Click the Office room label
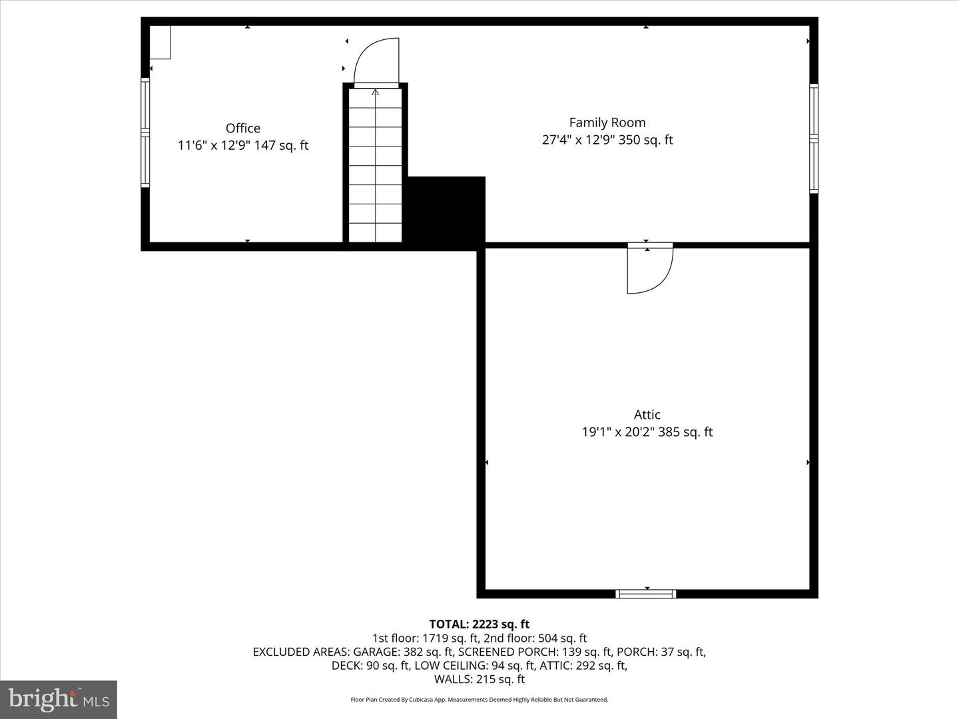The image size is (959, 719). [x=243, y=128]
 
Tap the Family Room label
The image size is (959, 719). [x=607, y=122]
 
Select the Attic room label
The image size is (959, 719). [x=647, y=415]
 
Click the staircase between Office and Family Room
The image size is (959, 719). [x=376, y=166]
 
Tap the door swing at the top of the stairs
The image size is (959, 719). [x=377, y=62]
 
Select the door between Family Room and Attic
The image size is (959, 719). [x=650, y=268]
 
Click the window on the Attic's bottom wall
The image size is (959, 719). [x=646, y=594]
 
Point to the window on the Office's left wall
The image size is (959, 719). [x=145, y=133]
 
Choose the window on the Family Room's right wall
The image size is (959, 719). [x=813, y=138]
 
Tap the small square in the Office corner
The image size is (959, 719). [x=160, y=42]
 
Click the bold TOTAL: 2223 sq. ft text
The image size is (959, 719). [x=479, y=624]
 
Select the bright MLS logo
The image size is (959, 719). [x=59, y=700]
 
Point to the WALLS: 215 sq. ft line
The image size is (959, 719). [x=479, y=680]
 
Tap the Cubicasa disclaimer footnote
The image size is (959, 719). [x=479, y=700]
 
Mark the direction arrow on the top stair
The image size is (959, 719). [x=376, y=93]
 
